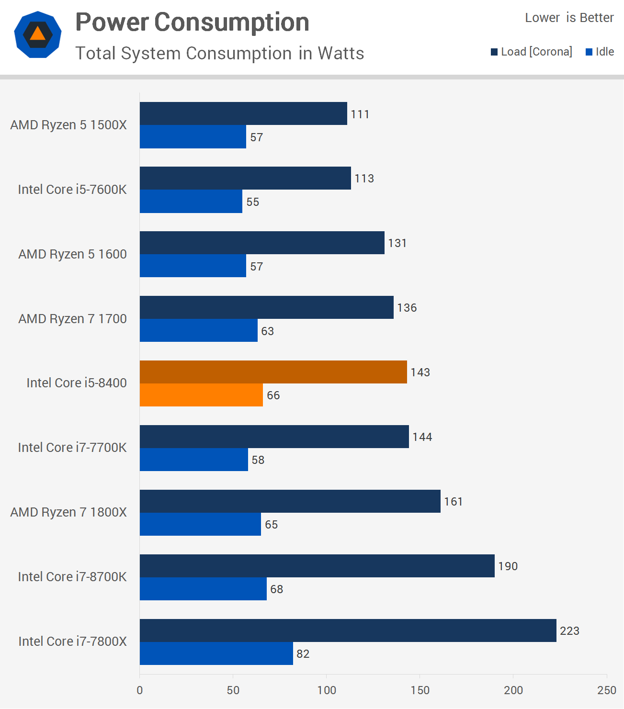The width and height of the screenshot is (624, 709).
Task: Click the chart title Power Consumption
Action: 192,22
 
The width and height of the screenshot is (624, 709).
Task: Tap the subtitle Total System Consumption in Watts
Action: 219,53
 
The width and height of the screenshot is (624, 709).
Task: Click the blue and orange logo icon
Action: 38,34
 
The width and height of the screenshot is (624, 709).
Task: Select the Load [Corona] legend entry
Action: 532,52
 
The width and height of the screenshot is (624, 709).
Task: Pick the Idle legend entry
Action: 600,52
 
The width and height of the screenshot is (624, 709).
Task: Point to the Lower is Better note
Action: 569,18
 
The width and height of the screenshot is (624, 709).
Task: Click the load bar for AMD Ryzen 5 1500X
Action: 243,113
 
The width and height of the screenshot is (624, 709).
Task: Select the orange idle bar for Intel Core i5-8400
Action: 201,395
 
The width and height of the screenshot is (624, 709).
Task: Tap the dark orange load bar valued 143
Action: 273,372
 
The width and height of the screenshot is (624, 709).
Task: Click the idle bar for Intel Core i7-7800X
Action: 216,653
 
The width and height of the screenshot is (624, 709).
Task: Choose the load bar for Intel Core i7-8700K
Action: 317,566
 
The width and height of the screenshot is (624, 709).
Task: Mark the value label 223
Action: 569,631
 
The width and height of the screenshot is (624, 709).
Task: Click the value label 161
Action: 453,502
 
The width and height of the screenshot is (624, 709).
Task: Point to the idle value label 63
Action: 267,331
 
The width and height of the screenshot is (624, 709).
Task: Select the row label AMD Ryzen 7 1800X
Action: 68,512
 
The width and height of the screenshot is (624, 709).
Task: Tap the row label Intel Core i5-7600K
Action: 72,190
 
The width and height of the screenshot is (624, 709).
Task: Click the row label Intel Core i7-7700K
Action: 72,448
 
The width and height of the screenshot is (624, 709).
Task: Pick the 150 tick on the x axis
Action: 420,690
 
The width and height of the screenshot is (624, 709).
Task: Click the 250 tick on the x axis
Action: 606,690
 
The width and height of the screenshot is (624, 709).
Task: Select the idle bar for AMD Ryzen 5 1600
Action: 193,266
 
